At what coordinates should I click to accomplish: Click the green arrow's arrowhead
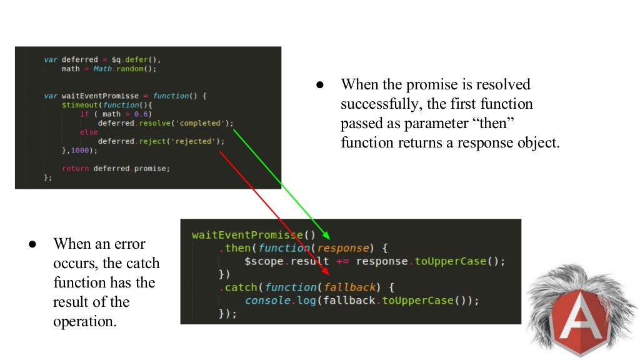[x=325, y=236]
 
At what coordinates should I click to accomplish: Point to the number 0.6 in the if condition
[x=143, y=114]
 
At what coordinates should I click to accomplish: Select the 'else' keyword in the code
[x=89, y=132]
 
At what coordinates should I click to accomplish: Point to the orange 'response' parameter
[x=344, y=248]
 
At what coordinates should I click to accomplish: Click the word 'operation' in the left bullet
[x=84, y=322]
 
